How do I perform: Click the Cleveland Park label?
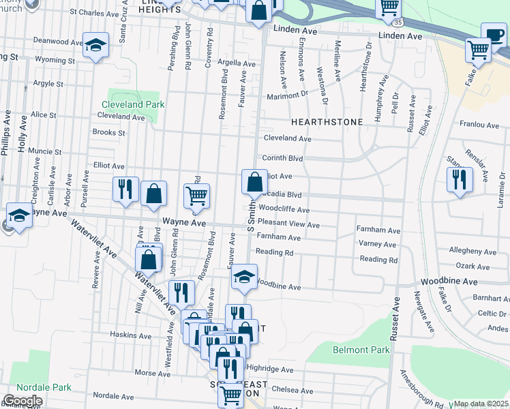(x=134, y=105)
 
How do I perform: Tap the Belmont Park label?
(x=361, y=350)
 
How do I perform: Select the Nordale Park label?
(x=44, y=387)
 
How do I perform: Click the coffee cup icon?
(x=494, y=34)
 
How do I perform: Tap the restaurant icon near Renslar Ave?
(x=460, y=179)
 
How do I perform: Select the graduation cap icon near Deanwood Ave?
(x=95, y=45)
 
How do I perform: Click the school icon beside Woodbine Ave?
(x=244, y=276)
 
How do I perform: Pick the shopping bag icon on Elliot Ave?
(x=254, y=181)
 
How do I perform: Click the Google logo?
(x=22, y=401)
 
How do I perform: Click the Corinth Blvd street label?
(x=282, y=157)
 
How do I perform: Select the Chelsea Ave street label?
(x=294, y=391)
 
